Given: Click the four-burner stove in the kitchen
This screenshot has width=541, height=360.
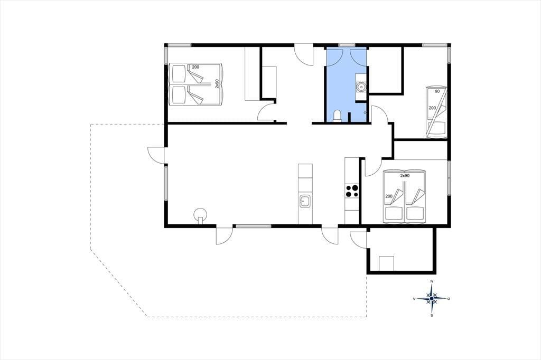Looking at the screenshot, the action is click(x=352, y=191).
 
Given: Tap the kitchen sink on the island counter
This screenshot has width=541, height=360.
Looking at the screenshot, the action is click(x=305, y=201).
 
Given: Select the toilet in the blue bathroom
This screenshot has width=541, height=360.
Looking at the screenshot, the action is click(x=337, y=116).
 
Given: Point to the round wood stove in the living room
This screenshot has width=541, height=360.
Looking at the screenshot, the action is click(x=200, y=215).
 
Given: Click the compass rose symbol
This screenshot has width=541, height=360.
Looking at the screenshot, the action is click(x=432, y=298).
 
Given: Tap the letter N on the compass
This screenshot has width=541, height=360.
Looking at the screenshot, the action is click(x=432, y=281).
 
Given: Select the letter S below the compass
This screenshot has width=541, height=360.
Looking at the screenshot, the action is click(x=432, y=315).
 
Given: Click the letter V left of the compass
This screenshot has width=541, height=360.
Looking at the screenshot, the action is click(x=414, y=299).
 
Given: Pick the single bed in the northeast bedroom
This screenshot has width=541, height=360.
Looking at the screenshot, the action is click(x=436, y=112).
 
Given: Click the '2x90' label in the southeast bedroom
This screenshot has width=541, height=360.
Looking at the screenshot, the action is click(x=405, y=176).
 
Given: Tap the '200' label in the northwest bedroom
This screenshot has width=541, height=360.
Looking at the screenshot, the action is click(x=195, y=67).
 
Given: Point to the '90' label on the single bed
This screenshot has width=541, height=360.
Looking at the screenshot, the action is click(x=437, y=91).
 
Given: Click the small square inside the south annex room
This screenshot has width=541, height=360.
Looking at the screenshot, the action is click(x=386, y=263).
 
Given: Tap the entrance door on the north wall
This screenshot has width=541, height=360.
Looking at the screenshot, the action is click(x=304, y=55).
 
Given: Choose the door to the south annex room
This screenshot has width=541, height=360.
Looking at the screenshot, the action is click(x=359, y=239).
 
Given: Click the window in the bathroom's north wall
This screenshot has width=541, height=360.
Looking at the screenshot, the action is click(x=347, y=45).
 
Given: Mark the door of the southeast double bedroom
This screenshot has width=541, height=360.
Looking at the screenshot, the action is click(x=372, y=167).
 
